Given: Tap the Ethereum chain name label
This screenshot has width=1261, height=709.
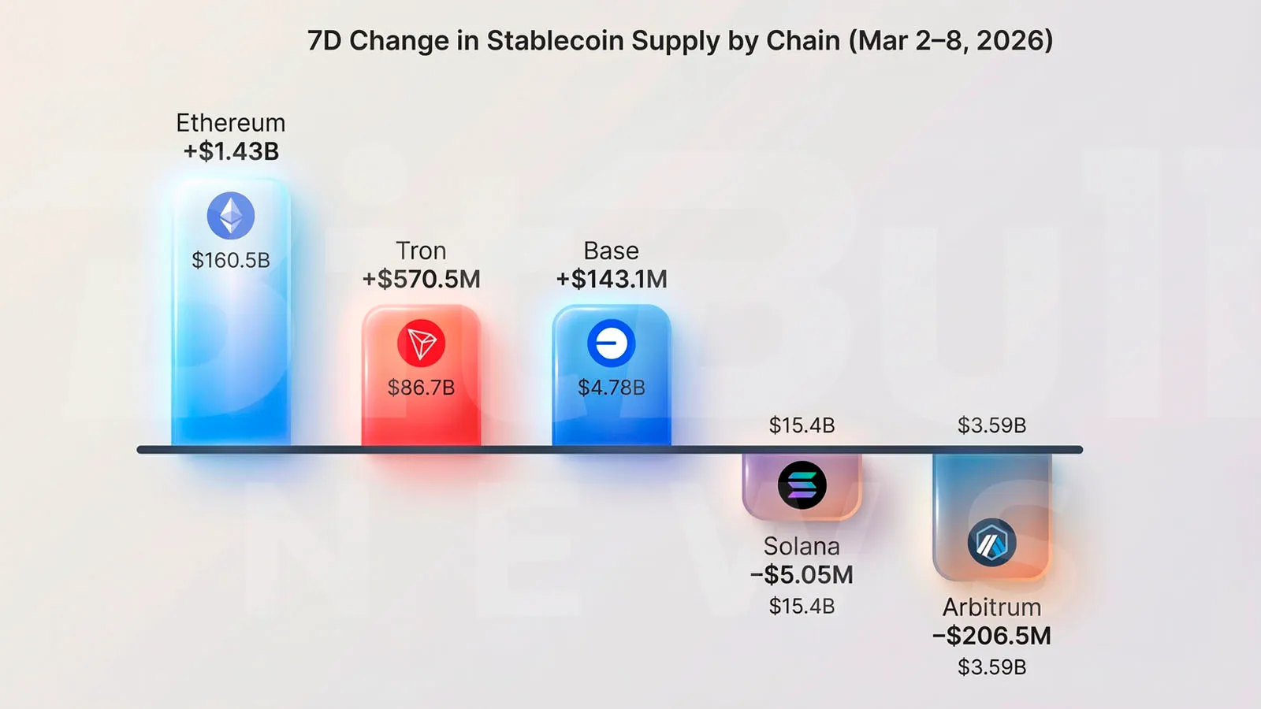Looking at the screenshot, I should tap(231, 123).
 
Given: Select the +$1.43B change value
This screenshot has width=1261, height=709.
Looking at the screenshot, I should tap(231, 151).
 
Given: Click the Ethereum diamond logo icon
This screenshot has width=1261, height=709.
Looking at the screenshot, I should tap(231, 216).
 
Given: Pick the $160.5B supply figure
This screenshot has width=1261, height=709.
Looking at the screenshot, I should tap(231, 260).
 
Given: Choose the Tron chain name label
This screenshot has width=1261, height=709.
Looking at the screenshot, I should tap(421, 251).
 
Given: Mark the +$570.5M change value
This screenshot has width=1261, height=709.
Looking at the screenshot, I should tap(421, 279).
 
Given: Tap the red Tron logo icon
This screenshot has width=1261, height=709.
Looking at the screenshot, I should tap(421, 343).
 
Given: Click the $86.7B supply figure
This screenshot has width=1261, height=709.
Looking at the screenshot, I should tap(421, 388).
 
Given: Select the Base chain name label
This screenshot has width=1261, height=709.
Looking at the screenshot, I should tap(612, 251).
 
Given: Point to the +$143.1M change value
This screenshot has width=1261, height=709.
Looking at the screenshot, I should tap(612, 279).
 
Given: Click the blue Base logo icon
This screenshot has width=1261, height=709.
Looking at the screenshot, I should tap(612, 343).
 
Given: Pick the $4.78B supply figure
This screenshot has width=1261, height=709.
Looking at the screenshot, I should tap(612, 388).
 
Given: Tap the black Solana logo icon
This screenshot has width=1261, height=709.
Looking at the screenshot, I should tap(802, 485).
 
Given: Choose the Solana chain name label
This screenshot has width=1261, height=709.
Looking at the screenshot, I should tap(802, 546).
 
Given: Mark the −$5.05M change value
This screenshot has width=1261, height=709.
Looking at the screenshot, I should tap(802, 575).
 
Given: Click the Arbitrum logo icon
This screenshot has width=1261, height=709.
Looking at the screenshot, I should tap(991, 543).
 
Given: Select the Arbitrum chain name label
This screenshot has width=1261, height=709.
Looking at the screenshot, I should tap(991, 607).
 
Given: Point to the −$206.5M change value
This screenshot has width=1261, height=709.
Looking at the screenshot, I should tap(991, 636).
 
